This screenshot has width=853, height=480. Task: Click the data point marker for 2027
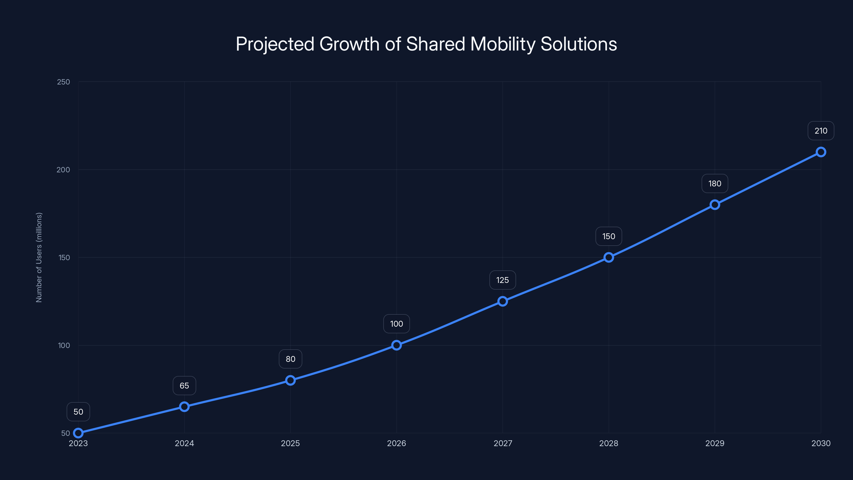pos(502,301)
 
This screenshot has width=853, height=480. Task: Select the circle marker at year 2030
pos(820,152)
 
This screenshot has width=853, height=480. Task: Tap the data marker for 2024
pos(184,406)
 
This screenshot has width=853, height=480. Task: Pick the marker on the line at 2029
pos(715,205)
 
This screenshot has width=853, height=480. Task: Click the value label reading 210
pos(820,131)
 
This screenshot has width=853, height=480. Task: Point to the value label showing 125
pos(502,280)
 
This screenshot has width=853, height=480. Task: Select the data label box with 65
pos(184,386)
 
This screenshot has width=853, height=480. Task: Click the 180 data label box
pos(715,183)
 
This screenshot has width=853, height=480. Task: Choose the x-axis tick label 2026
pos(396,443)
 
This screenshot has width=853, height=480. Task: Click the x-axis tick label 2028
pos(609,443)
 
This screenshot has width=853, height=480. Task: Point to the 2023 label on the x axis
pos(78,443)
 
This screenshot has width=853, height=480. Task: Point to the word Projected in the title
pos(275,44)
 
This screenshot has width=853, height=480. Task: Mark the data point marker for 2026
pos(396,345)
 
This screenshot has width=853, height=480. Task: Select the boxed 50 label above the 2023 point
pos(78,412)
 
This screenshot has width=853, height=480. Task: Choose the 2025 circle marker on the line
pos(290,380)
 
